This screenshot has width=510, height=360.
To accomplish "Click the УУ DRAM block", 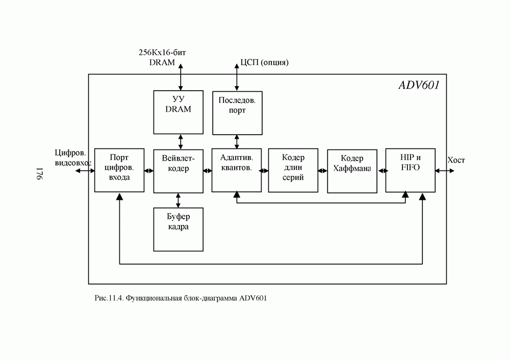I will pos(178,112).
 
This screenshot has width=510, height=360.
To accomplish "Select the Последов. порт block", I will pos(237,112).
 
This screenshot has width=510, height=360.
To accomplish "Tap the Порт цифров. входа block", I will pos(119,170).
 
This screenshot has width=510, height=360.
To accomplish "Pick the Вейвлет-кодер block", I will pos(178,170).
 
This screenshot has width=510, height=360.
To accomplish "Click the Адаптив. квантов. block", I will pos(237,170).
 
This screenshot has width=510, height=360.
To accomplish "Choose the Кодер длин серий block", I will pos(293,170).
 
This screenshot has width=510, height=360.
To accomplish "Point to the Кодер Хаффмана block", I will pos(352,170).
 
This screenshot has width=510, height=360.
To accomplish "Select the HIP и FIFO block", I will pos(411,170).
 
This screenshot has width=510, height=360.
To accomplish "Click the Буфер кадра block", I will pos(178,229).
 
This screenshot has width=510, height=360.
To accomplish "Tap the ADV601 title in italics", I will pos(418,85).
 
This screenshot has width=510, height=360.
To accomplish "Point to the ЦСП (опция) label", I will pos(265,63).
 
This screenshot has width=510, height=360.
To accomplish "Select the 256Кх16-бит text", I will pos(160,53).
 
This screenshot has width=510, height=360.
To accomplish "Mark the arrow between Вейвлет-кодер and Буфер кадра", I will pos(178,200).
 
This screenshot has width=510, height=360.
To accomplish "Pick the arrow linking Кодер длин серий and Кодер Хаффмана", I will pos(322,170).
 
